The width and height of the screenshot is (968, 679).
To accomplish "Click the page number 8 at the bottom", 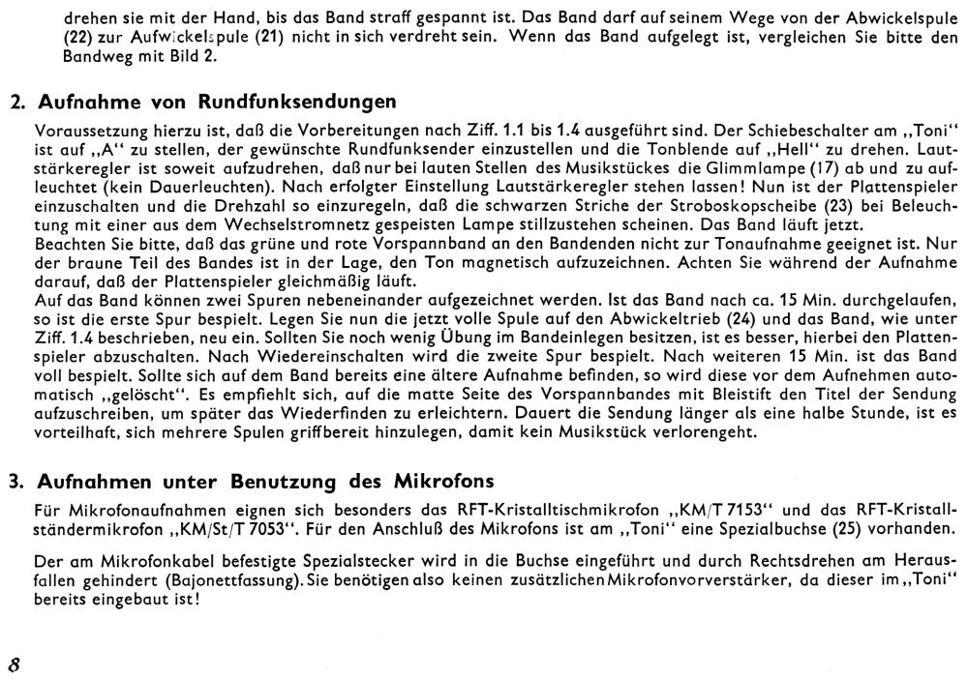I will click(x=15, y=638).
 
